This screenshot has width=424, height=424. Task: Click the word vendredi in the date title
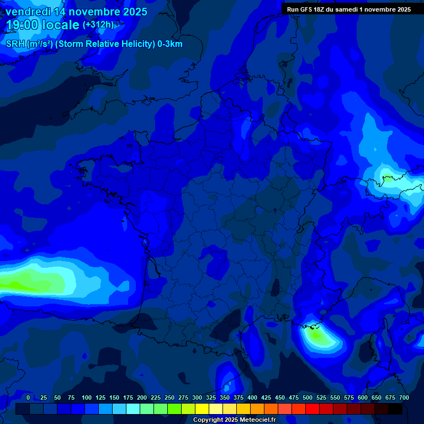click(x=28, y=12)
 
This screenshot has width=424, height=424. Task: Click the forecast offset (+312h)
click(x=98, y=25)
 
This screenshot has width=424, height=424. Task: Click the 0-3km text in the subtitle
click(x=170, y=44)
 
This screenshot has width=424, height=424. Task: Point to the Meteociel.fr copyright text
click(x=234, y=420)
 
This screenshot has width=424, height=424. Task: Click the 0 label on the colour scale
click(x=28, y=397)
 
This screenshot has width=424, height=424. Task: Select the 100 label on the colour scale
click(x=87, y=397)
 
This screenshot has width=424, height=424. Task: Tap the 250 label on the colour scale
click(x=169, y=397)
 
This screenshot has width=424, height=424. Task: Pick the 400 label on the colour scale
click(x=252, y=397)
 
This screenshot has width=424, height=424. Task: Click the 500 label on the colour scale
click(x=308, y=397)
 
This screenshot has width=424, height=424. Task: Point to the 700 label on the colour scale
click(x=404, y=397)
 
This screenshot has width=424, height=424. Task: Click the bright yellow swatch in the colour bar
click(x=202, y=409)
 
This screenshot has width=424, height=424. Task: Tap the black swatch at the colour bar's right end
click(x=395, y=409)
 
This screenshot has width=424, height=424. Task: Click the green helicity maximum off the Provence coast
click(x=316, y=334)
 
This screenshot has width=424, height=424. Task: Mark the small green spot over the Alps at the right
click(x=388, y=178)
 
